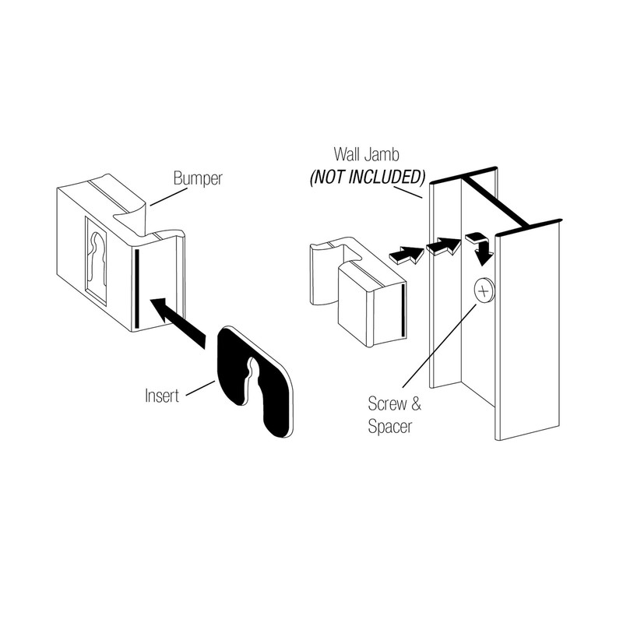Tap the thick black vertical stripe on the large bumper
pyautogui.click(x=136, y=288)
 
